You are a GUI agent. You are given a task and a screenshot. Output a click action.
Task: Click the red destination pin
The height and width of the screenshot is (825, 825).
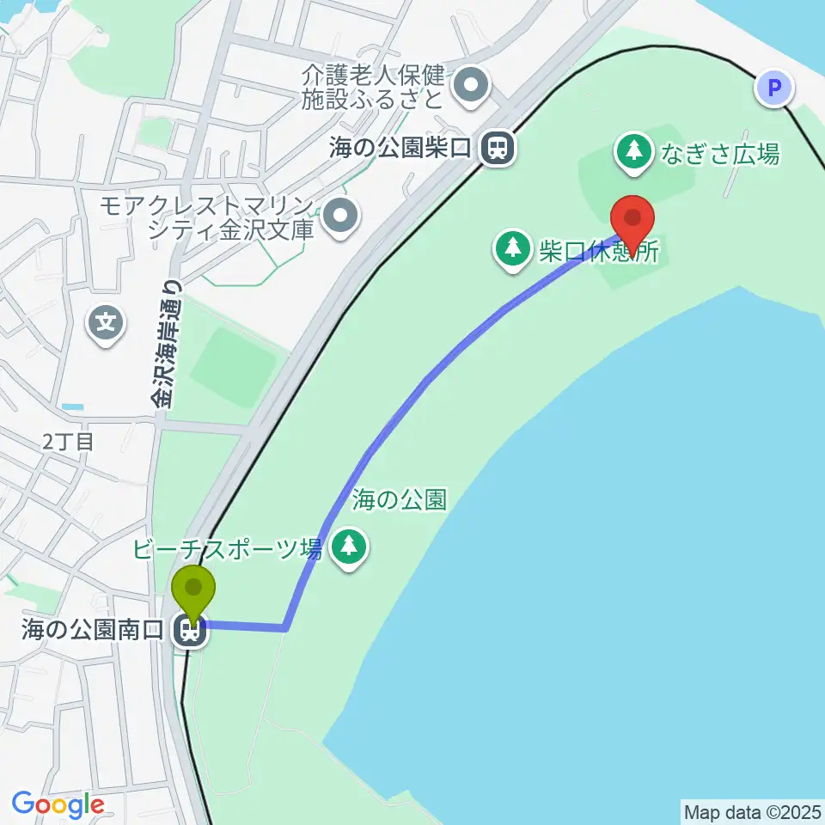[x=632, y=217]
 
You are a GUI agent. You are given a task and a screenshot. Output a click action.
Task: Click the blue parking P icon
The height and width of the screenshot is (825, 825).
[x=775, y=89]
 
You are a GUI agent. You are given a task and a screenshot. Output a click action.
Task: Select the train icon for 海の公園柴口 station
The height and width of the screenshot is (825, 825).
[x=496, y=148]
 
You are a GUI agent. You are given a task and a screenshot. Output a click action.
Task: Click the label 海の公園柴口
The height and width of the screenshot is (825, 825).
[x=401, y=148]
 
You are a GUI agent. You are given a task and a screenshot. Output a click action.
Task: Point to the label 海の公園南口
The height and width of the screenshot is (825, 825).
[x=92, y=632]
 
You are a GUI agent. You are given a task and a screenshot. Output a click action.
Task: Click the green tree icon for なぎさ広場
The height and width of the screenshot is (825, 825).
[x=634, y=151]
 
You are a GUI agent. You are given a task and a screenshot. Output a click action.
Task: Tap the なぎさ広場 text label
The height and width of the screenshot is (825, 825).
[x=720, y=155]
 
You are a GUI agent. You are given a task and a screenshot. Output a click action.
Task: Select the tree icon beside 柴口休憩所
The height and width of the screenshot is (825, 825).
[x=514, y=249]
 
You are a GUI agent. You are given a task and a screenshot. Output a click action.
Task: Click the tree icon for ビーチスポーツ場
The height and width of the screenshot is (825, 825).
[x=349, y=547]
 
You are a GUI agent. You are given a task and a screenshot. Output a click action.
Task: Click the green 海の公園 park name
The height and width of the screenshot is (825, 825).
[x=400, y=498]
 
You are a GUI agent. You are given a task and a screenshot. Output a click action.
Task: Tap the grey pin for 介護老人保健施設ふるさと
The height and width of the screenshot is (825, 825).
[x=471, y=84]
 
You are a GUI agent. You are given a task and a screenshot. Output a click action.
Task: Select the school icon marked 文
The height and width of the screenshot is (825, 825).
[x=106, y=323]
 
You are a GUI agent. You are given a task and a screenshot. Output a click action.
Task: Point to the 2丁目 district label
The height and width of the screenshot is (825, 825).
[x=68, y=443]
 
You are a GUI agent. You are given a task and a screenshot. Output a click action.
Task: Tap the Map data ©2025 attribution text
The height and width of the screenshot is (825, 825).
[x=752, y=811]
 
